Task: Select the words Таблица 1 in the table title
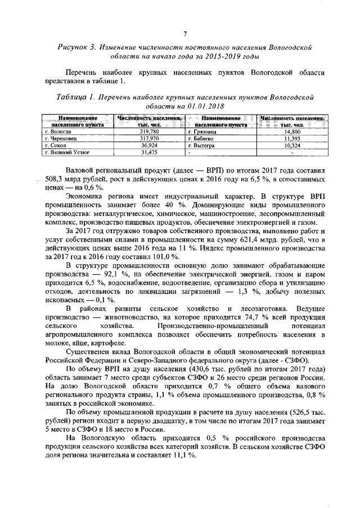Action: pos(74,97)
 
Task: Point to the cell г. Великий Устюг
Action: pos(65,151)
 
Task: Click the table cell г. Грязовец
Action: pos(202,130)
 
